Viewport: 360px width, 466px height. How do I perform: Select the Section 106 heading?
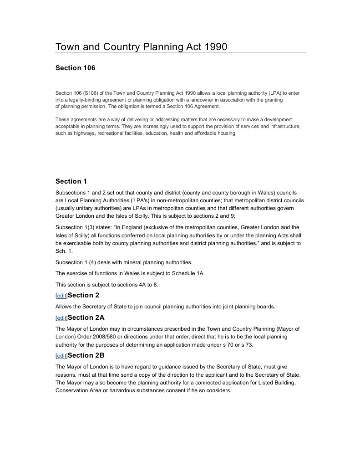coord(75,68)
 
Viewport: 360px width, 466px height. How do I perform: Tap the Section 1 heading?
coord(71,181)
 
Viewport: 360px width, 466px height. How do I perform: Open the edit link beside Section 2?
coord(61,296)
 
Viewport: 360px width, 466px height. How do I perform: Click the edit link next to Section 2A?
coord(61,318)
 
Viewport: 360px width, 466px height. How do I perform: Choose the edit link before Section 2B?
coord(61,356)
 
